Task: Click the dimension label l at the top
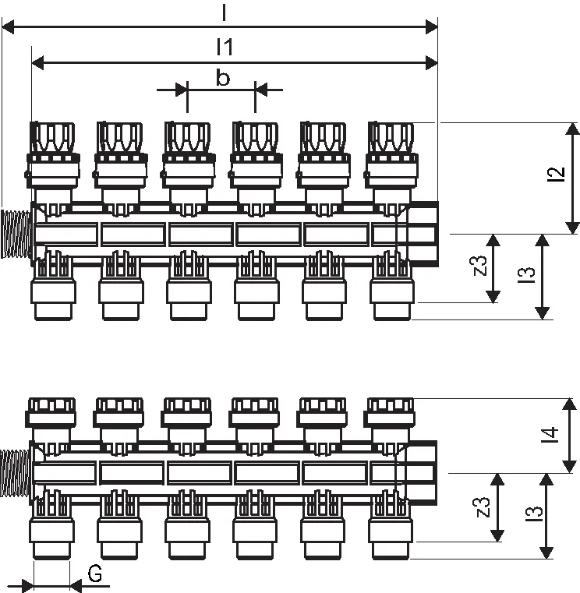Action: (225, 12)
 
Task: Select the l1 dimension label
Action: (225, 47)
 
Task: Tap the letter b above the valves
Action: (222, 77)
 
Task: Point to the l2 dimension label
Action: (557, 175)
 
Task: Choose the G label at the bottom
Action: (95, 574)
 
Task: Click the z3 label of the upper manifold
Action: (480, 266)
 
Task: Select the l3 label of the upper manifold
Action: (527, 275)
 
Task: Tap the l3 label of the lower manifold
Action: (534, 514)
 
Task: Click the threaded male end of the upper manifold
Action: (15, 234)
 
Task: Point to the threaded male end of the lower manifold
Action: (14, 473)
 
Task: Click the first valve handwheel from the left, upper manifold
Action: (52, 137)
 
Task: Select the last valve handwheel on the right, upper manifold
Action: (391, 137)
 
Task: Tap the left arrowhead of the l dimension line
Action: (8, 27)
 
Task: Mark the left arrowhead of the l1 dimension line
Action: (38, 63)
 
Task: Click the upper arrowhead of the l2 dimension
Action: (572, 129)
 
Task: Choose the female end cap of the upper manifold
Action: (423, 234)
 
